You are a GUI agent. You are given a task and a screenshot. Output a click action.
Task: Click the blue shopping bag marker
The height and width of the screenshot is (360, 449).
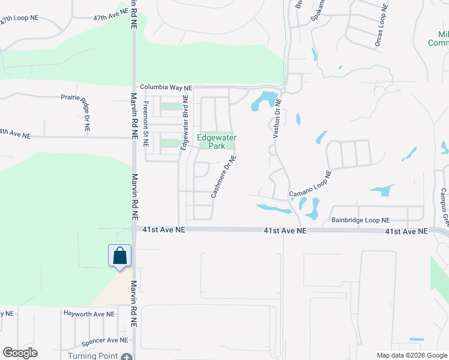click(x=120, y=256)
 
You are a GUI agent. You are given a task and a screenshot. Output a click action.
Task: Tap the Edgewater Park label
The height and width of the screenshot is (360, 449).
click(x=217, y=142)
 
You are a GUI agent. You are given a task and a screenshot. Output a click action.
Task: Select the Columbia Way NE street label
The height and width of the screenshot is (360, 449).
click(x=166, y=88)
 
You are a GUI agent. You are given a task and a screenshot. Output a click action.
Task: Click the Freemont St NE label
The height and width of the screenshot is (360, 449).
click(x=145, y=124)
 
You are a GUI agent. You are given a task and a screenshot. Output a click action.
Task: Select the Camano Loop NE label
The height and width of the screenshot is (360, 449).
click(x=310, y=186)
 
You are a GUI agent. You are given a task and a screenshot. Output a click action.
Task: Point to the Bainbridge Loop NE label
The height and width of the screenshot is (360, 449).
click(x=360, y=221)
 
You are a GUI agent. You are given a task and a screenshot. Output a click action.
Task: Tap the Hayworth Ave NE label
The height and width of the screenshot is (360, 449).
click(x=89, y=314)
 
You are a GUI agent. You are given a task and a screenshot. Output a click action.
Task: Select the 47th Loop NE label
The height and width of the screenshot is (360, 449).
click(x=23, y=20)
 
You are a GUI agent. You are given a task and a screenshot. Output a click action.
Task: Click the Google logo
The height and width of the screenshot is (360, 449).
click(x=20, y=353)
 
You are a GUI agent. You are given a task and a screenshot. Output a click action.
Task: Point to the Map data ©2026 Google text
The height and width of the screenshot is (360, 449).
click(x=411, y=355)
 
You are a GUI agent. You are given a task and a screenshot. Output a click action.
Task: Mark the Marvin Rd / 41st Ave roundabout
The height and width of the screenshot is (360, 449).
click(x=133, y=229)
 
